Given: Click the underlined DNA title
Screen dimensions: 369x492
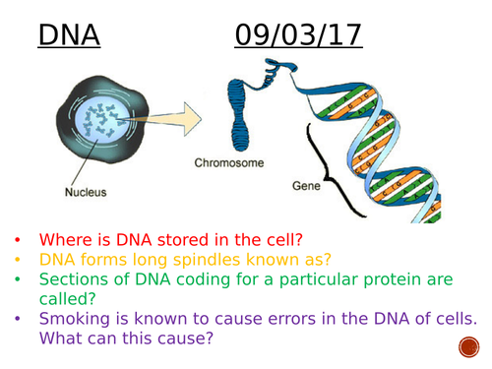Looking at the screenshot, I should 68,35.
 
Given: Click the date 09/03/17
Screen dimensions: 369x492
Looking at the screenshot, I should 298,35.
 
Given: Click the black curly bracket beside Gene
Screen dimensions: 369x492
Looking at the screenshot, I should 349,177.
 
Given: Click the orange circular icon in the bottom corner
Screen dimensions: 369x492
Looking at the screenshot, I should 469,347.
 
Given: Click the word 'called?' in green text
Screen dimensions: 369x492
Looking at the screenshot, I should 72,304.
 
